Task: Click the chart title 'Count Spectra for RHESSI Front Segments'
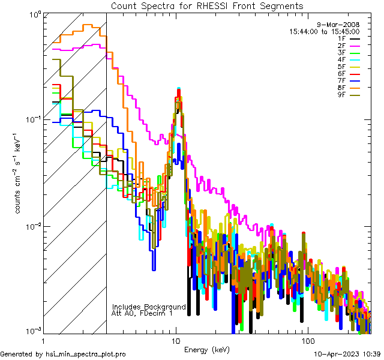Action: point(207,5)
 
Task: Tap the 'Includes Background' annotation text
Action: point(149,306)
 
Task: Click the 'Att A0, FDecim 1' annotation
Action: point(142,313)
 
